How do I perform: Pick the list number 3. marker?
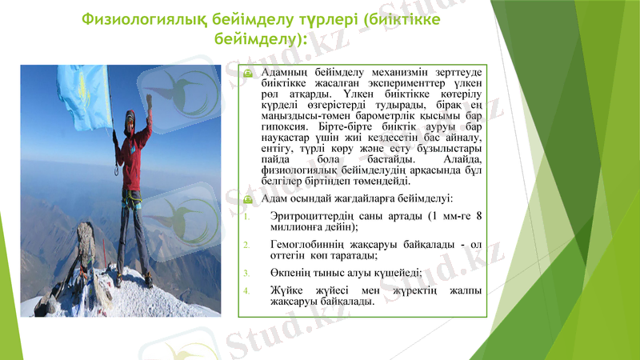pyautogui.click(x=247, y=271)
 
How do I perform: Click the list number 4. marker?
pyautogui.click(x=247, y=289)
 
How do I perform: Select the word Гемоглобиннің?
pyautogui.click(x=310, y=243)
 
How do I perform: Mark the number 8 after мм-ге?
pyautogui.click(x=478, y=216)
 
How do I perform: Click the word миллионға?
pyautogui.click(x=298, y=228)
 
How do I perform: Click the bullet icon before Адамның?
pyautogui.click(x=248, y=73)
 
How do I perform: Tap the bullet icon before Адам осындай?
pyautogui.click(x=248, y=198)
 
